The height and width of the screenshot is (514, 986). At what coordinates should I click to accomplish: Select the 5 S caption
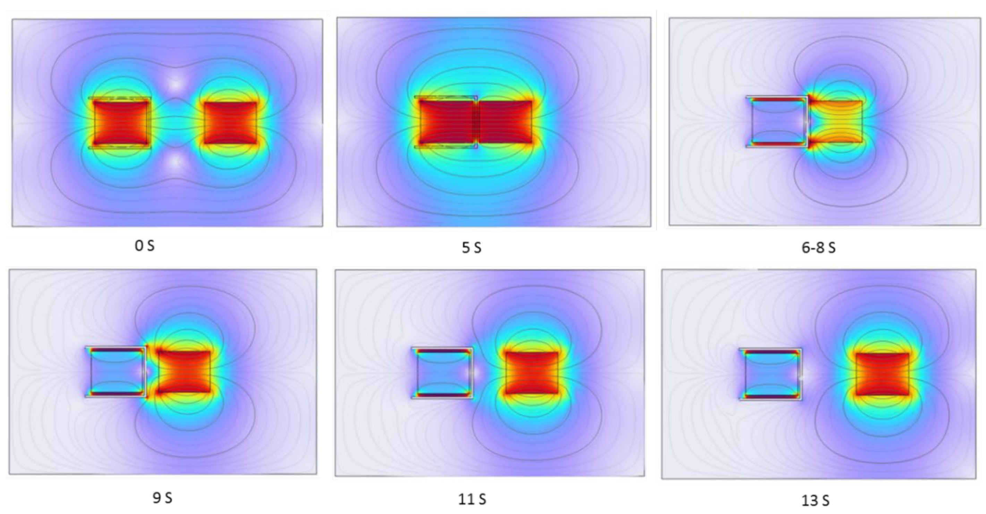pos(471,248)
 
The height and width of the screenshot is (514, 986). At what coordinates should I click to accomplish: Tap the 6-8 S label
pos(818,248)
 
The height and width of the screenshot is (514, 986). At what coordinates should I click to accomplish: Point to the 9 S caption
pos(162,498)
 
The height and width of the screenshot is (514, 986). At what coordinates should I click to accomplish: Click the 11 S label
pos(472,499)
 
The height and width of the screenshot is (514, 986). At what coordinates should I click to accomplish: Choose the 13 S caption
pos(815,500)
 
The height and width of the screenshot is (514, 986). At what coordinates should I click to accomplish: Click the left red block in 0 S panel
pos(121,122)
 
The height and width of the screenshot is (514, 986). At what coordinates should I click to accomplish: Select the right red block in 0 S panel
pos(230,122)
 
